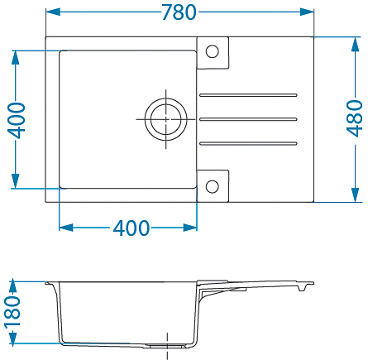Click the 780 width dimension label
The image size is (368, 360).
pos(179,12)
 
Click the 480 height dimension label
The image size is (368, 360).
pos(355,118)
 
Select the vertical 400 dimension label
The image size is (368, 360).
pos(17,120)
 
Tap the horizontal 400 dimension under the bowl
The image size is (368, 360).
pos(131,228)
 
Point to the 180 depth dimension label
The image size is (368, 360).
pos(12,312)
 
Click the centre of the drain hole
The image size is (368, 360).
pos(166,119)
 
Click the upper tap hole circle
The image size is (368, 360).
pos(213,51)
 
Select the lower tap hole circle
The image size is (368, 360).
pos(213,186)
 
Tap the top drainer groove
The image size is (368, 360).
pos(248,95)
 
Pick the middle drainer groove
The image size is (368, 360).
pos(248,119)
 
